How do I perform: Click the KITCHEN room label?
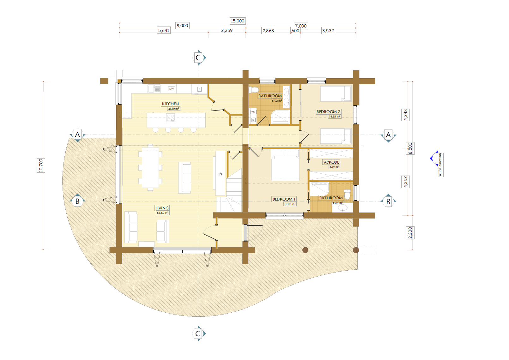click(170, 104)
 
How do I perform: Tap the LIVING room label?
click(162, 208)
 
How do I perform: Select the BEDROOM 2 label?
click(328, 112)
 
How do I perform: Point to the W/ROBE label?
click(331, 162)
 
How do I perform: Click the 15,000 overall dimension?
click(238, 21)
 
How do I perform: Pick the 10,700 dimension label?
click(41, 165)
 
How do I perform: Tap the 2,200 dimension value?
click(410, 233)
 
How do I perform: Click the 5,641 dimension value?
click(164, 30)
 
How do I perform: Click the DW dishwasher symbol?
click(172, 89)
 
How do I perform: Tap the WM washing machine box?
click(253, 112)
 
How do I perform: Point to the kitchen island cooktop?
click(170, 118)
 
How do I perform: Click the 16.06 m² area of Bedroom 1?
click(290, 204)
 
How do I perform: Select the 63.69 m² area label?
click(162, 213)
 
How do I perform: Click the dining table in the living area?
click(150, 168)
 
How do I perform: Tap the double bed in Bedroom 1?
click(285, 165)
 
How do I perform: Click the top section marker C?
click(198, 57)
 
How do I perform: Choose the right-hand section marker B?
click(388, 201)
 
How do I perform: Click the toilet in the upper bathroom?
click(253, 90)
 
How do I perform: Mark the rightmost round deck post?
click(356, 250)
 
